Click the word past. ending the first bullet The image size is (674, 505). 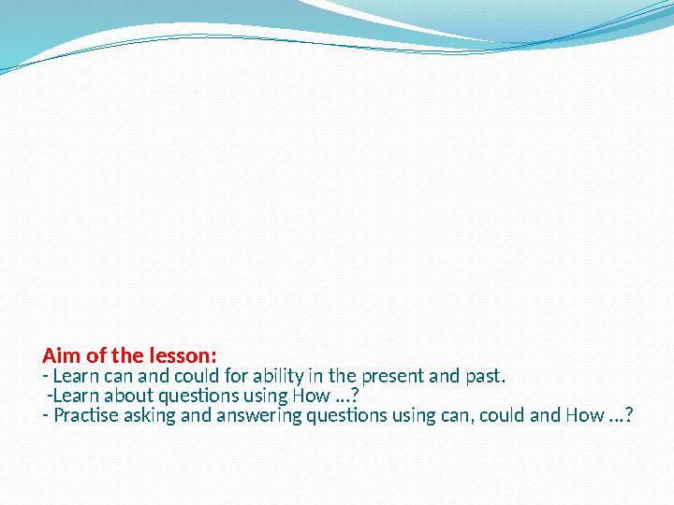click(x=484, y=378)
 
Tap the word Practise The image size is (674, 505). click(x=87, y=415)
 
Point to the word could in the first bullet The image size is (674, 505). click(x=188, y=378)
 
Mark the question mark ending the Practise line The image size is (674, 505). click(x=628, y=415)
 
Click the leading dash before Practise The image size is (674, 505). click(x=46, y=415)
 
